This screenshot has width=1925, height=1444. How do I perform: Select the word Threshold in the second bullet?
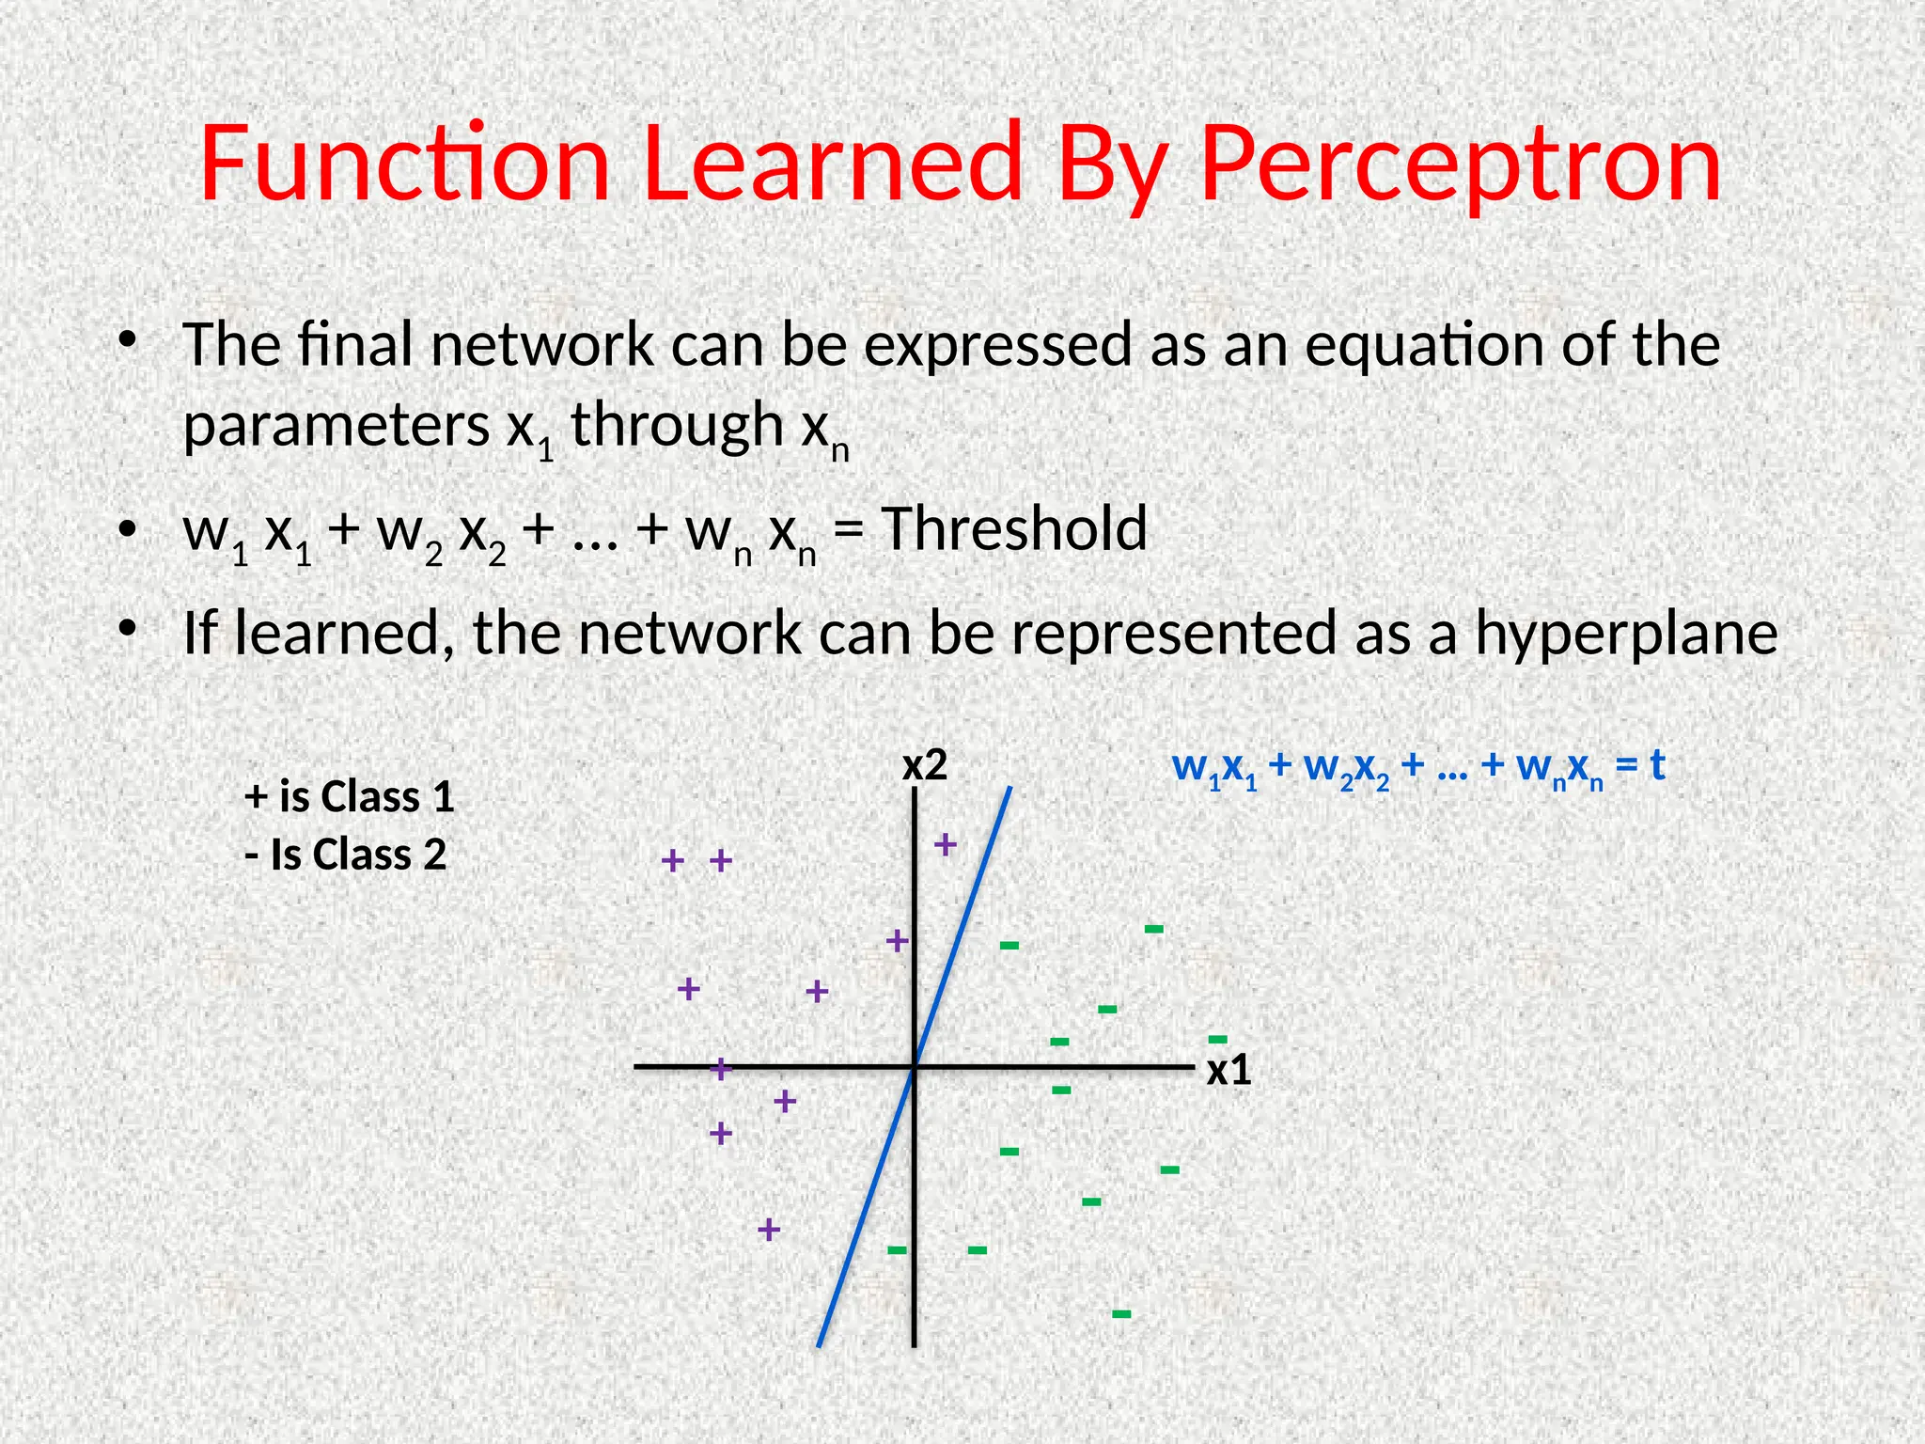click(x=1014, y=528)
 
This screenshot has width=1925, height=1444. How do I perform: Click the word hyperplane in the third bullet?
click(x=1626, y=634)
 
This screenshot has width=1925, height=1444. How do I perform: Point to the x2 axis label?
click(x=925, y=766)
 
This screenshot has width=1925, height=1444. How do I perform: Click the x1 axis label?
click(x=1229, y=1071)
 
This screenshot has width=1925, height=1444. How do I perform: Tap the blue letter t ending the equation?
click(x=1657, y=765)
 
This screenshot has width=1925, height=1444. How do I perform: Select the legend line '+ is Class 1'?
click(x=349, y=797)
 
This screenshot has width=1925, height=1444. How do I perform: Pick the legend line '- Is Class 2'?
click(x=345, y=855)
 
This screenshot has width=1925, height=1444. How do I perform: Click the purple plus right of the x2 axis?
click(x=946, y=844)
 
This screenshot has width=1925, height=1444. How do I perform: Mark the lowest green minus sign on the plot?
click(x=1121, y=1313)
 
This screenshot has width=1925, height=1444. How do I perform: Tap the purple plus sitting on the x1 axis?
click(x=720, y=1068)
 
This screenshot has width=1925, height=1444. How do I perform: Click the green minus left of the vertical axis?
click(x=898, y=1249)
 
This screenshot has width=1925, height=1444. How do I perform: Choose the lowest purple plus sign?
click(x=769, y=1229)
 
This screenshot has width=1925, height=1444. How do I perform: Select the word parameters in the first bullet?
click(x=336, y=426)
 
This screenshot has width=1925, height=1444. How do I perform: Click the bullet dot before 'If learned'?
click(x=127, y=629)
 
